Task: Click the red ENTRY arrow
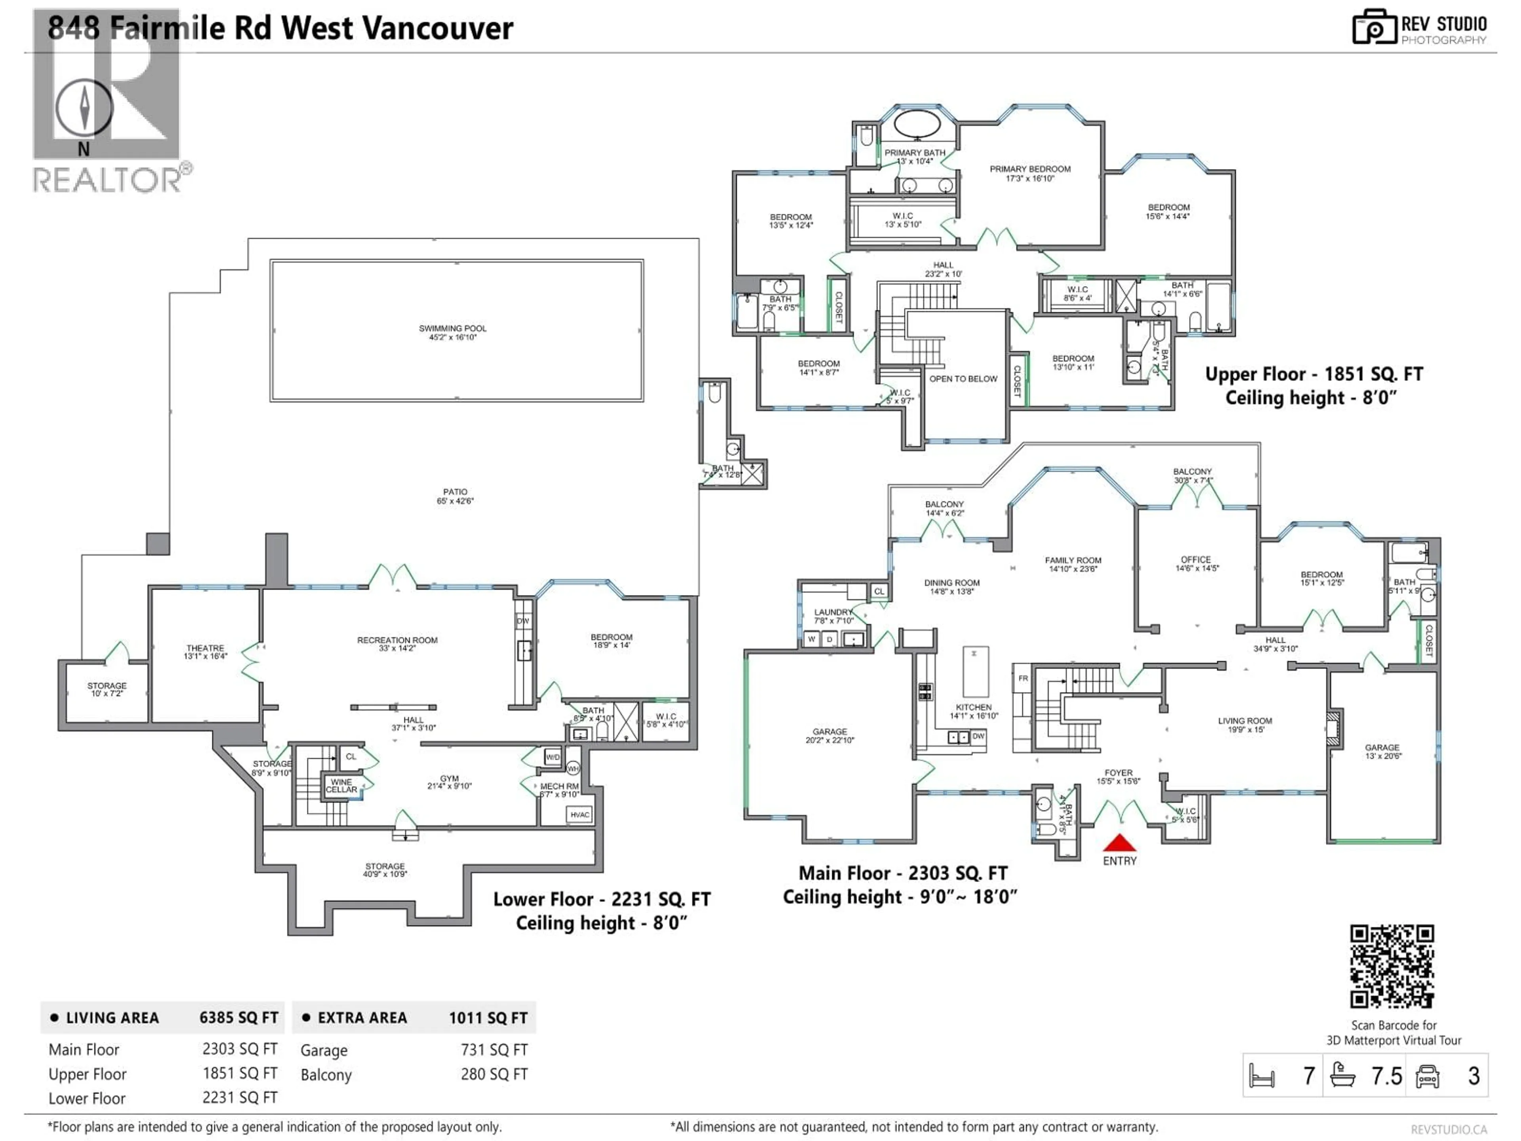click(1119, 843)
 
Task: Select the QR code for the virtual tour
click(1392, 966)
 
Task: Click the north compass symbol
click(84, 108)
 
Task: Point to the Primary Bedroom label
click(1029, 173)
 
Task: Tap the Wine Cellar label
click(342, 785)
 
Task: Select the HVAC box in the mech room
click(579, 815)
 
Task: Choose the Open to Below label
click(963, 379)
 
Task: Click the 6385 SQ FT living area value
click(238, 1018)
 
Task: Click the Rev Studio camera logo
click(1374, 27)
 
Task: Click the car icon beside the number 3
click(1428, 1076)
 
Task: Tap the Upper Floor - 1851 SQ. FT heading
click(1313, 374)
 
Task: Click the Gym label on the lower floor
click(449, 782)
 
